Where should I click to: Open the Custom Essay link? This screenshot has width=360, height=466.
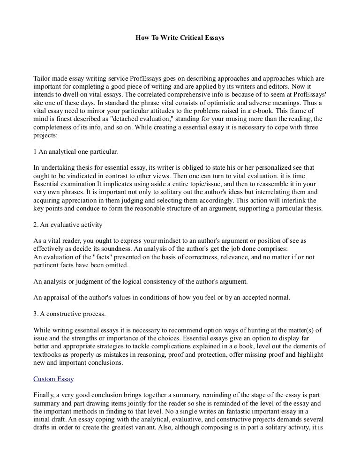(x=53, y=379)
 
